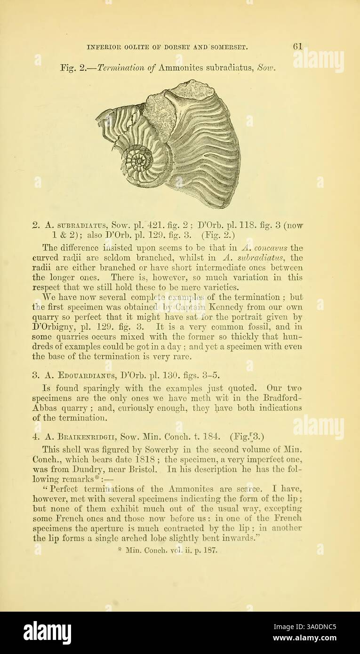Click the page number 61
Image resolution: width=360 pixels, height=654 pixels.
coord(297,47)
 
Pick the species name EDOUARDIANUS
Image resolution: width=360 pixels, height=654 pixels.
coord(84,375)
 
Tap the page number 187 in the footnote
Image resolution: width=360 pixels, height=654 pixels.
coord(210,550)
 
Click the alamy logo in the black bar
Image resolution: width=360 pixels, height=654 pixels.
coord(47,632)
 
